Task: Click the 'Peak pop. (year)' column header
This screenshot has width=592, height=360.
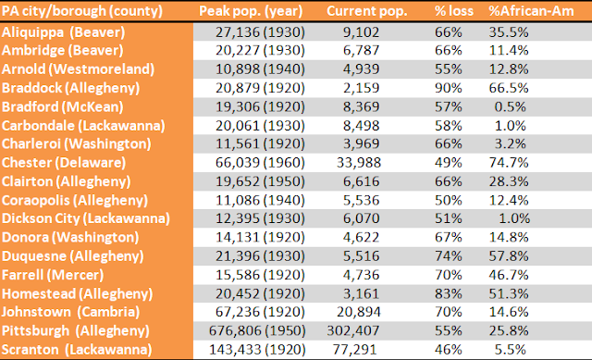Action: (x=251, y=11)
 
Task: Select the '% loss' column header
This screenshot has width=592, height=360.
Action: (x=453, y=11)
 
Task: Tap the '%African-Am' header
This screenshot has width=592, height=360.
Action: (x=531, y=11)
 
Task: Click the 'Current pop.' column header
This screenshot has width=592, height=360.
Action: (x=366, y=11)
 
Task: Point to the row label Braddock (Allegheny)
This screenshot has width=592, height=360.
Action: (x=70, y=88)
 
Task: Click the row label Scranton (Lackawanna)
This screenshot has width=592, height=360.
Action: (x=77, y=350)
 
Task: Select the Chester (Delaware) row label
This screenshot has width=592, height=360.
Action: (x=64, y=163)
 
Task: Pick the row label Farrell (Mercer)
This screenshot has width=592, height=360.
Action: (x=53, y=275)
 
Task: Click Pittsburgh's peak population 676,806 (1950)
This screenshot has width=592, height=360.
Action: (x=257, y=331)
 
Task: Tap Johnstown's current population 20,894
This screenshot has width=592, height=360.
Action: (x=359, y=312)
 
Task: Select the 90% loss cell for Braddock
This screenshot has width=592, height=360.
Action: (x=448, y=88)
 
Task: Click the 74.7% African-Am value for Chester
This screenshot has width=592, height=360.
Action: (x=509, y=163)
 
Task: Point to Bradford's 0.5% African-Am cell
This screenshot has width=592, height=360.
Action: (x=510, y=107)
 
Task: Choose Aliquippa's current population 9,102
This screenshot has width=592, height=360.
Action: (x=361, y=32)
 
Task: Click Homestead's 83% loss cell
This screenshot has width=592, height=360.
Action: (x=448, y=293)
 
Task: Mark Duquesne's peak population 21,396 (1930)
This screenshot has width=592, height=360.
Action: (x=260, y=256)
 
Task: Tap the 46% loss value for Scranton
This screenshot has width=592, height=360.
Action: (x=448, y=350)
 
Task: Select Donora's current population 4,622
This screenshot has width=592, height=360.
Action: (x=361, y=237)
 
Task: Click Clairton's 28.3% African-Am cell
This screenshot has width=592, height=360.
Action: (x=509, y=181)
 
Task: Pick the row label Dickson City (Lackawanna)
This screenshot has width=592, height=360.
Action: (x=86, y=218)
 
